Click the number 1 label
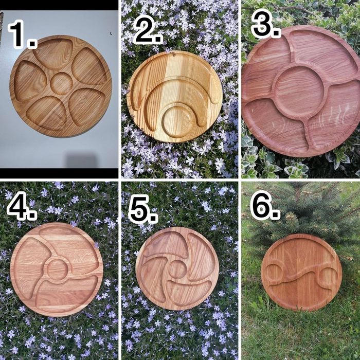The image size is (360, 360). pos(22,34)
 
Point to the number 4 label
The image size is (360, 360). pos(22,206)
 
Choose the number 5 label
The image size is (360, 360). pos(143,209)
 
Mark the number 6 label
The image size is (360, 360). pos(265,205)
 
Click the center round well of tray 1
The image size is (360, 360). pos(61,83)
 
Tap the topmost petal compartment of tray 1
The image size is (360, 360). pos(53,53)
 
